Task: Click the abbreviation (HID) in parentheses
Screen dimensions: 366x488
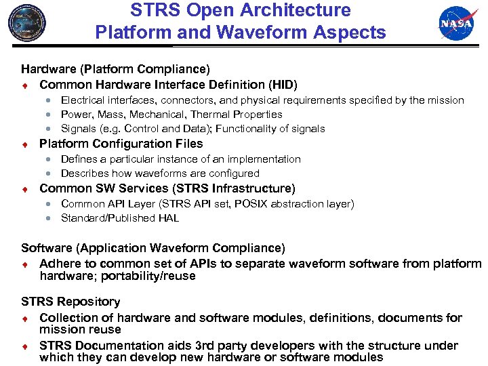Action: (x=282, y=84)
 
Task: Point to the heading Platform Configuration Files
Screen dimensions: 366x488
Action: (x=121, y=143)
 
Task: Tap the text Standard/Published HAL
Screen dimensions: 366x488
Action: (x=119, y=218)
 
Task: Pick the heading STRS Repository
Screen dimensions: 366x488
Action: (x=70, y=301)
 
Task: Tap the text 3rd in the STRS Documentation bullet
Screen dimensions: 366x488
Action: (x=181, y=345)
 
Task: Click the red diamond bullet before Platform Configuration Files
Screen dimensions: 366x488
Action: (x=24, y=144)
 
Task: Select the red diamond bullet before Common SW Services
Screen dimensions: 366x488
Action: (x=24, y=188)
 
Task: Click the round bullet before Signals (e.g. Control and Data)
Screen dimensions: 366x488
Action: (x=49, y=129)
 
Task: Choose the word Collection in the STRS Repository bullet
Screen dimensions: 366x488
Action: (x=67, y=317)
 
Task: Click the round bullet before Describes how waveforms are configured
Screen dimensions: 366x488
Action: (x=49, y=174)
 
